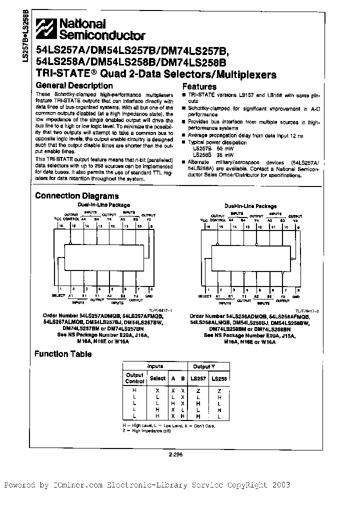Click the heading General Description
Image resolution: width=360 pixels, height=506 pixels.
tap(74, 85)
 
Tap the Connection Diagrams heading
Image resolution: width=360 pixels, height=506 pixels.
tap(76, 195)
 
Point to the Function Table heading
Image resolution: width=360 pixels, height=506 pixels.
tap(62, 354)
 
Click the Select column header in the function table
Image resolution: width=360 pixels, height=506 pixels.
tap(157, 379)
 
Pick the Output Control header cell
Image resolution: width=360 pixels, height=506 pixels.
tap(134, 378)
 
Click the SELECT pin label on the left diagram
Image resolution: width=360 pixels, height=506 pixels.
tap(58, 296)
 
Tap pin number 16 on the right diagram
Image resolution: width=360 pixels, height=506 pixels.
tap(203, 226)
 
